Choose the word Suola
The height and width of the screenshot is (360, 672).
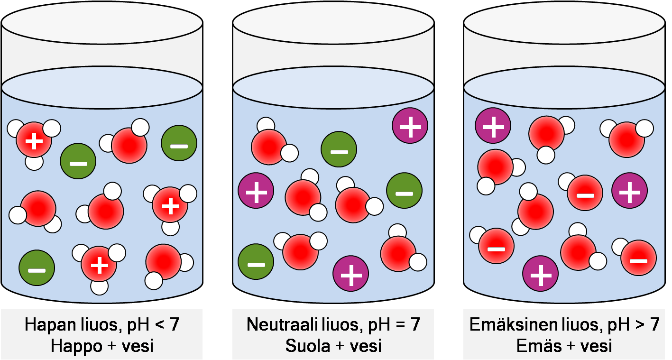coord(307,346)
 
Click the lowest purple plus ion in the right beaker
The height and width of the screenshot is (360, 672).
coord(540,274)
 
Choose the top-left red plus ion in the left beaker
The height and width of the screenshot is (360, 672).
coord(34,140)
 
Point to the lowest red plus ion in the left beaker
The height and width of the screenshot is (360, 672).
coord(99,264)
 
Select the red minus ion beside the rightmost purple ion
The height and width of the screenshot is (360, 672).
coord(585,193)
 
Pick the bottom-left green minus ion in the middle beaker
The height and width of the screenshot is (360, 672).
coord(256,263)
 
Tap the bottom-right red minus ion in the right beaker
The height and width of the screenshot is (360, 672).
coord(638,258)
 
